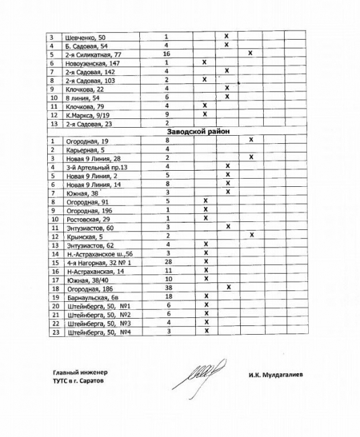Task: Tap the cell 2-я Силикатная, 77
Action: click(x=93, y=52)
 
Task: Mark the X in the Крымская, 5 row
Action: click(x=250, y=235)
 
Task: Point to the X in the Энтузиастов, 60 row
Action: click(x=227, y=227)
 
